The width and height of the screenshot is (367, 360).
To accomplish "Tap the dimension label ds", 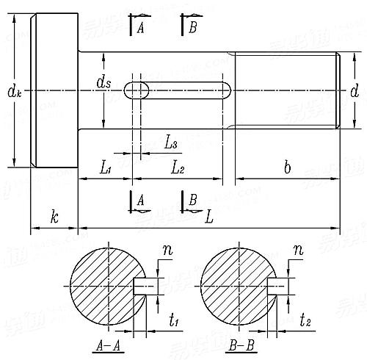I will pyautogui.click(x=103, y=82).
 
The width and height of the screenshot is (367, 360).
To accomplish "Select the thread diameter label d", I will pyautogui.click(x=355, y=91).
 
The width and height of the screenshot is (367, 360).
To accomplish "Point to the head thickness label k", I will pyautogui.click(x=54, y=217).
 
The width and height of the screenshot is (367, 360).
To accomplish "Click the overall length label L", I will pyautogui.click(x=210, y=218).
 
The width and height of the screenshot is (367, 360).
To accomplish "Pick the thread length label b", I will pyautogui.click(x=287, y=168).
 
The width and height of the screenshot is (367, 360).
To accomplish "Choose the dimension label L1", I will pyautogui.click(x=105, y=168).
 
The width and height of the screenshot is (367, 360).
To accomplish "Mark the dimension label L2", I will pyautogui.click(x=178, y=168).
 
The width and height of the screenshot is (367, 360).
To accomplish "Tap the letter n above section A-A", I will pyautogui.click(x=167, y=251).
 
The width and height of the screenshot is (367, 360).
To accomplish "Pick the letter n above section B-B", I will pyautogui.click(x=298, y=251).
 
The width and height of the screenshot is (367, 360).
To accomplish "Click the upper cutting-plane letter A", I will pyautogui.click(x=139, y=27).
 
